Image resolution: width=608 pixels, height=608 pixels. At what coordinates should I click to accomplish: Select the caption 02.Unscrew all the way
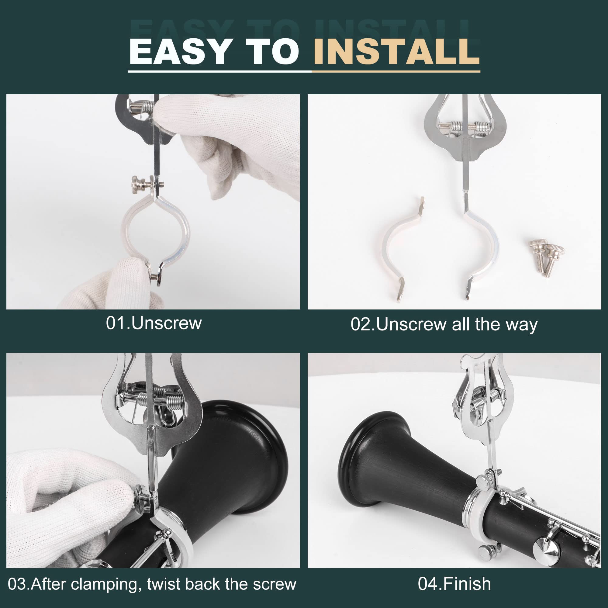(x=444, y=324)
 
